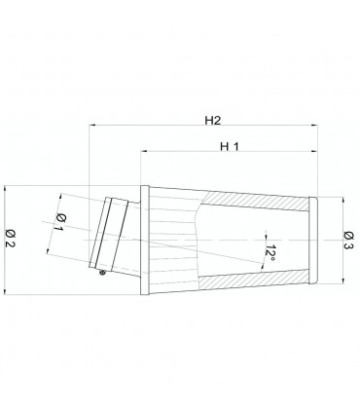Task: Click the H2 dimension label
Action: coord(213,121)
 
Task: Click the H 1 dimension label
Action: coord(230,147)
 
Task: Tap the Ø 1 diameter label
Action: coord(59,222)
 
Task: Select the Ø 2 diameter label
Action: coord(11,238)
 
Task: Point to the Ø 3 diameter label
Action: coord(349,241)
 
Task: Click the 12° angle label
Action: coord(270,253)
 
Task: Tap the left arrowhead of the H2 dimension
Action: coord(91,125)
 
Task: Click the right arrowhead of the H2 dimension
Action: coord(314,125)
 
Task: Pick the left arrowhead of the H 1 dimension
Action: coord(144,151)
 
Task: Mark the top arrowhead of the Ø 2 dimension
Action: coord(5,189)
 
